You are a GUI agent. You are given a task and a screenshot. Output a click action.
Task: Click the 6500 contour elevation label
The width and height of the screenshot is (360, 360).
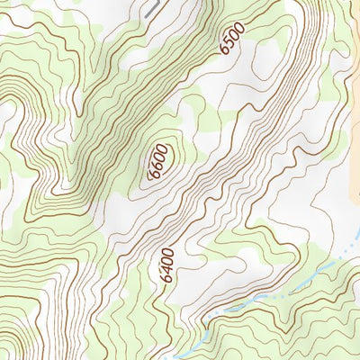pos(232,41)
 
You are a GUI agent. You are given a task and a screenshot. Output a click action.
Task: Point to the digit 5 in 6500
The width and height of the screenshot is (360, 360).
pos(229,46)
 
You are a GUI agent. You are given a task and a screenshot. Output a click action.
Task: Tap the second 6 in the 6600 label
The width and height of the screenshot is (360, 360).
pos(159,165)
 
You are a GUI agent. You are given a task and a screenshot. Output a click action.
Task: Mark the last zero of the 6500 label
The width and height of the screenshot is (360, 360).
pos(238,31)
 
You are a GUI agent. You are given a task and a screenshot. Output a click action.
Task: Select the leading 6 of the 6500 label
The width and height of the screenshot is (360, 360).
pos(225,52)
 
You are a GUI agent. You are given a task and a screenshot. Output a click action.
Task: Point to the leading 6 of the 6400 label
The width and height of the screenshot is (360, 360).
pos(166,279)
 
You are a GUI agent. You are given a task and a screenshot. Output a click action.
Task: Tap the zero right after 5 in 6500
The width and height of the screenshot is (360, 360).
pos(234,38)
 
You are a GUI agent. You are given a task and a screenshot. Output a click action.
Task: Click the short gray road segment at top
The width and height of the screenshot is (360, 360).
pos(150,8)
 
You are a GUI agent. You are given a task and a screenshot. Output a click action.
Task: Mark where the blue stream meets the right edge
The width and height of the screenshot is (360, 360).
pos(358,243)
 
